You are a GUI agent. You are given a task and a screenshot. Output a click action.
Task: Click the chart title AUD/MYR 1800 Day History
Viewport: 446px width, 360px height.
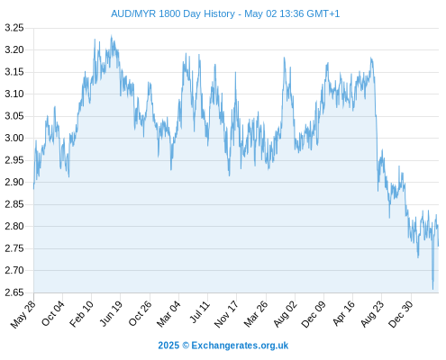173,14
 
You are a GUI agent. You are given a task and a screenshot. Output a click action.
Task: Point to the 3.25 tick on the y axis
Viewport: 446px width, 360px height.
14,28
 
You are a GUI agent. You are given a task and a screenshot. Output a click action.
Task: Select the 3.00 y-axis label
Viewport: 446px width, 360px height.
14,139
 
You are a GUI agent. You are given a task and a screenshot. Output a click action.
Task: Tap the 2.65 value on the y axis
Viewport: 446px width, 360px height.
14,292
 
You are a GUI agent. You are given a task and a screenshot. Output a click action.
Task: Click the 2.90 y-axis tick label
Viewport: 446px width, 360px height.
14,183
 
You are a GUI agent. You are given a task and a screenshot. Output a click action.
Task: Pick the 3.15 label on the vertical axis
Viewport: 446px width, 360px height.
14,72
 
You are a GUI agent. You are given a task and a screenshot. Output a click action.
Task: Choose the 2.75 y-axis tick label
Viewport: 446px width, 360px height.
14,248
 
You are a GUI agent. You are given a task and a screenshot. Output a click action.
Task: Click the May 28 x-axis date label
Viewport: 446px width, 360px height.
23,314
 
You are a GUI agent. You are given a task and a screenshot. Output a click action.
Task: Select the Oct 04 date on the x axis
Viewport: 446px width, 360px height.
53,313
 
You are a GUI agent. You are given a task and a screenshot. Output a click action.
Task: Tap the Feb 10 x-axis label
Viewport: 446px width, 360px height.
82,314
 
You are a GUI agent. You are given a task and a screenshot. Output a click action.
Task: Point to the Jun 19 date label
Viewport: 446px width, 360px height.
111,313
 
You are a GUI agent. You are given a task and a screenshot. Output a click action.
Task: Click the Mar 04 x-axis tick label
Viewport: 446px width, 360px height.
168,314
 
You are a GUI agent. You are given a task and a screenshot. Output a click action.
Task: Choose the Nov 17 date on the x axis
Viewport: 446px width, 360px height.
226,314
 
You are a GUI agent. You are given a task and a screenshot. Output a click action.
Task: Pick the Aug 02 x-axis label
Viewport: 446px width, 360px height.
286,314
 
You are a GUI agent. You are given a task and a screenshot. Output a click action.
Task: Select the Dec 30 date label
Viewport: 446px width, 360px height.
401,314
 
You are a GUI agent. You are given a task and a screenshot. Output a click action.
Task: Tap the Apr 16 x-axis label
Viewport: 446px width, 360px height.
343,313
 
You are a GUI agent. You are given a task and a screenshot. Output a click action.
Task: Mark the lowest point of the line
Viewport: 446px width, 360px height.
432,290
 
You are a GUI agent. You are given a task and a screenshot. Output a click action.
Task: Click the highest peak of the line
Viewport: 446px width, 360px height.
112,35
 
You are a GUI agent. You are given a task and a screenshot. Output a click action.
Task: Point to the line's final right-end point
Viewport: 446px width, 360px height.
439,246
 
